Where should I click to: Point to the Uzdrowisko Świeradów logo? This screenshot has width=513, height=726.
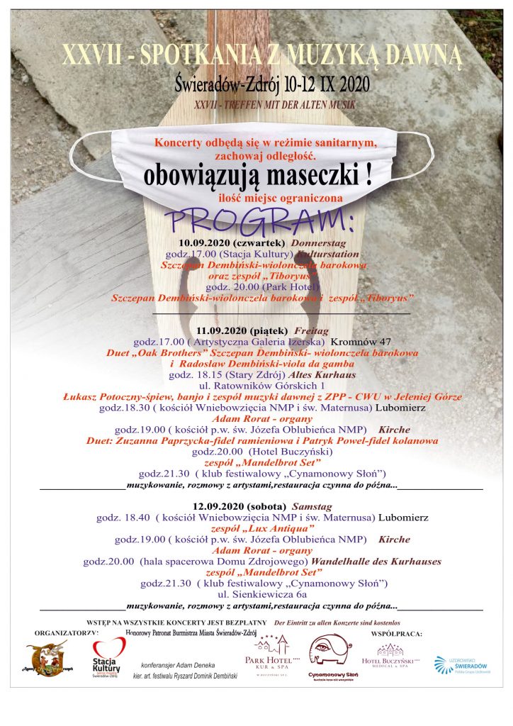coord(460,664)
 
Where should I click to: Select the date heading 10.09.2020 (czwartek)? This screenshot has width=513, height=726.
coord(227,242)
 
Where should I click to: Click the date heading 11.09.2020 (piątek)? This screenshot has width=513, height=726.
coord(242,330)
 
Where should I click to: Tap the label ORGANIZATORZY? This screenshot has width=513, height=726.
coord(66,631)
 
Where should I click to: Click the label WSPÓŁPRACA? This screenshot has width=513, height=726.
coord(396,632)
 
